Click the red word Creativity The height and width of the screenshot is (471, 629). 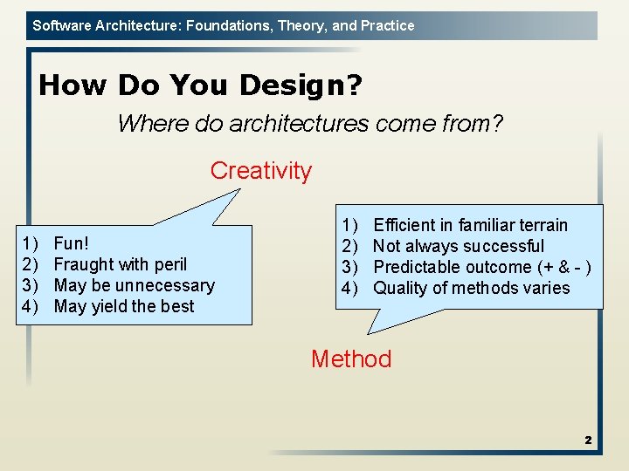(x=260, y=171)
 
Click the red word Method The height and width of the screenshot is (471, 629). (x=351, y=359)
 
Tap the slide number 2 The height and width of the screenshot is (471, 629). (x=588, y=440)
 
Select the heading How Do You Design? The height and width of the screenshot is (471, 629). (x=201, y=85)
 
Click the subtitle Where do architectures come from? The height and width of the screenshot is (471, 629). (x=310, y=124)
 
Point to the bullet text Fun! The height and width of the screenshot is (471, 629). (x=72, y=243)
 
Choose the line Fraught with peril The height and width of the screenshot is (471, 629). (x=121, y=264)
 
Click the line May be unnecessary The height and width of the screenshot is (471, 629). (x=134, y=285)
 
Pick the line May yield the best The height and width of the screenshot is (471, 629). (x=124, y=306)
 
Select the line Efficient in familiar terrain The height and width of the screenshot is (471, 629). (x=470, y=225)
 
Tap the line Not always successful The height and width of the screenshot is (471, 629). (x=459, y=246)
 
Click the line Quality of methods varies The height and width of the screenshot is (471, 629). (x=471, y=288)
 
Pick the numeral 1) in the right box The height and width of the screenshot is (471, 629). (x=350, y=225)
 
